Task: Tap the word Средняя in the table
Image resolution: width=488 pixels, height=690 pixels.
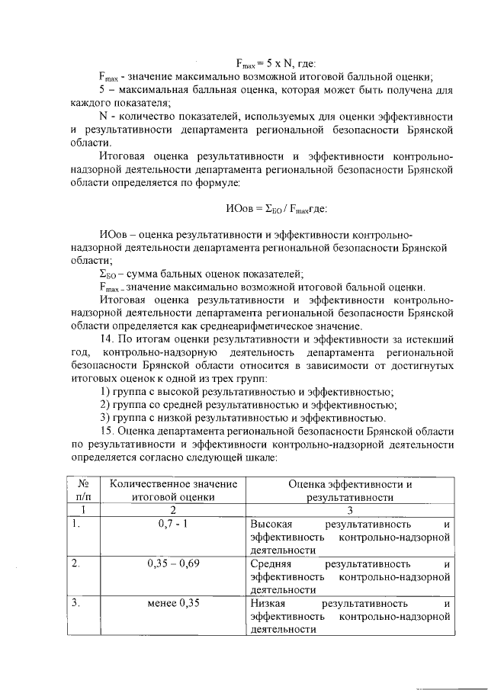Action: coord(271,563)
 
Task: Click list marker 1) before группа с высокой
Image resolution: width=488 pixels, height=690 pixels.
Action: coord(106,392)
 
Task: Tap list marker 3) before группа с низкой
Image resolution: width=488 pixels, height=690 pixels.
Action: coord(106,418)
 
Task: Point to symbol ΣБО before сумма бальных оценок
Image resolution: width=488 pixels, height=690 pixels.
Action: coord(108,274)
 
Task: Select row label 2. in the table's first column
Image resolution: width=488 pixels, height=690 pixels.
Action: coord(75,563)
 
